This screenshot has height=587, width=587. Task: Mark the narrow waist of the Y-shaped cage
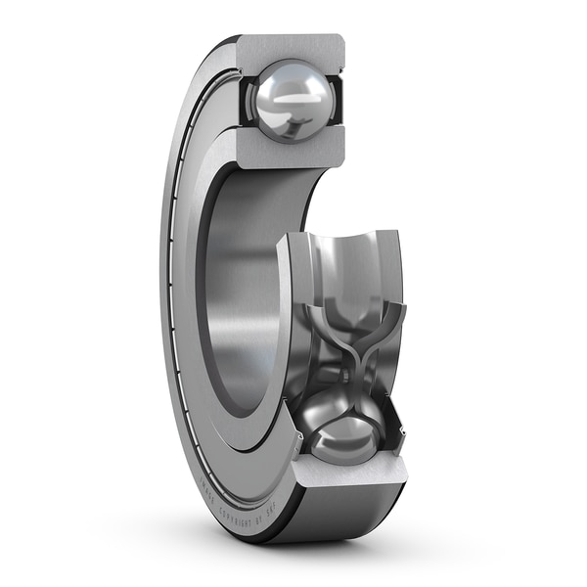[x=353, y=362]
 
